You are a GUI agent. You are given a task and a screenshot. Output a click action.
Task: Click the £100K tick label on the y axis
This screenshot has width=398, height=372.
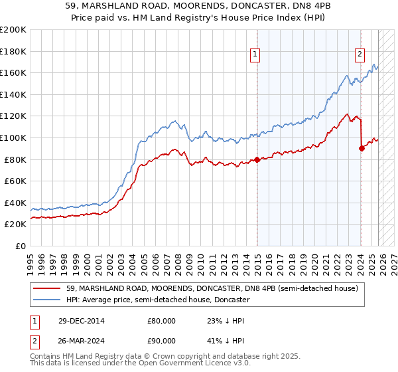point(13,138)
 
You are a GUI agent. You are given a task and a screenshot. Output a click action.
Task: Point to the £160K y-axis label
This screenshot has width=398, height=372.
point(13,72)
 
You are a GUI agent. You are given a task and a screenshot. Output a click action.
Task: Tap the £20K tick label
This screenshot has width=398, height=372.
point(15,225)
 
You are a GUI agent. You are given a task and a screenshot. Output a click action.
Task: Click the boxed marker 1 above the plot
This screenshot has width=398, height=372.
point(256,55)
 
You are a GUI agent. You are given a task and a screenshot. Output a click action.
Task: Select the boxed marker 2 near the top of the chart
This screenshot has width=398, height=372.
point(360,55)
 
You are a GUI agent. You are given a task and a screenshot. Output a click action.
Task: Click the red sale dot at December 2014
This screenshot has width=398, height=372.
point(257,159)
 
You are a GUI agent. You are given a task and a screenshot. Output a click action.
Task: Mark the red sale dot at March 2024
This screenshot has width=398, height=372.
point(362,148)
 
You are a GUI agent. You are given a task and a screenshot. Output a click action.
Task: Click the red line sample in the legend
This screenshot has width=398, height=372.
point(48,288)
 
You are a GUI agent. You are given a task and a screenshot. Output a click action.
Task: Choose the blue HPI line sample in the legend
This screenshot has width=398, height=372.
point(48,300)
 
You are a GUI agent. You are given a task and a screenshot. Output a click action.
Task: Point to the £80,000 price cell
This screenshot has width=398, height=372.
point(161,320)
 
